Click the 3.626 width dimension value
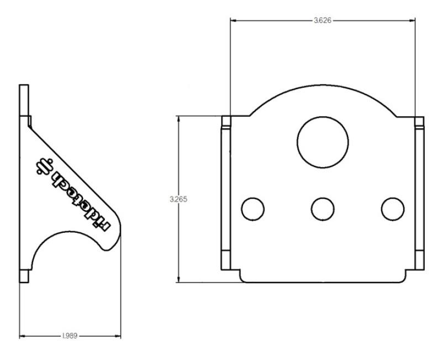323,20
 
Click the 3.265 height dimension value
178,199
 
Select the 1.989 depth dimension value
70,335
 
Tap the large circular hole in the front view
323,140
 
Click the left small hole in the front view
253,208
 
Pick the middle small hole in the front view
323,208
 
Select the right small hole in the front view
392,208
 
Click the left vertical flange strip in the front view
225,194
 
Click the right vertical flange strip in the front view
419,194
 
